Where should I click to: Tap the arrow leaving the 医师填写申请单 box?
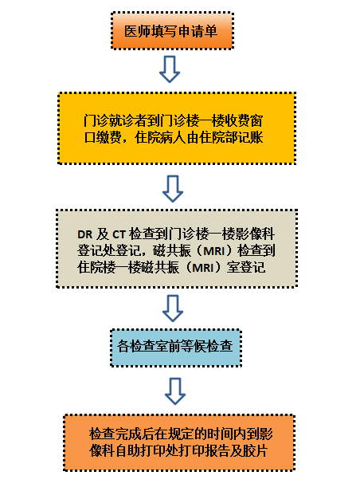pos(170,69)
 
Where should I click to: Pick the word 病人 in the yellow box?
pos(173,138)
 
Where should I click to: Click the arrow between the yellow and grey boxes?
pos(173,189)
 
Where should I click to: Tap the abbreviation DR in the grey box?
pos(85,234)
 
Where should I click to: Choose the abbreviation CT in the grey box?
pos(119,234)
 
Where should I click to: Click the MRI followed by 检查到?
pos(214,251)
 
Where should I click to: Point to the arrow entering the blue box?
pos(173,308)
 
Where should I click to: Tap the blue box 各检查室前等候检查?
pos(176,348)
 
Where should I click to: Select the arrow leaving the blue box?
pos(175,391)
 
